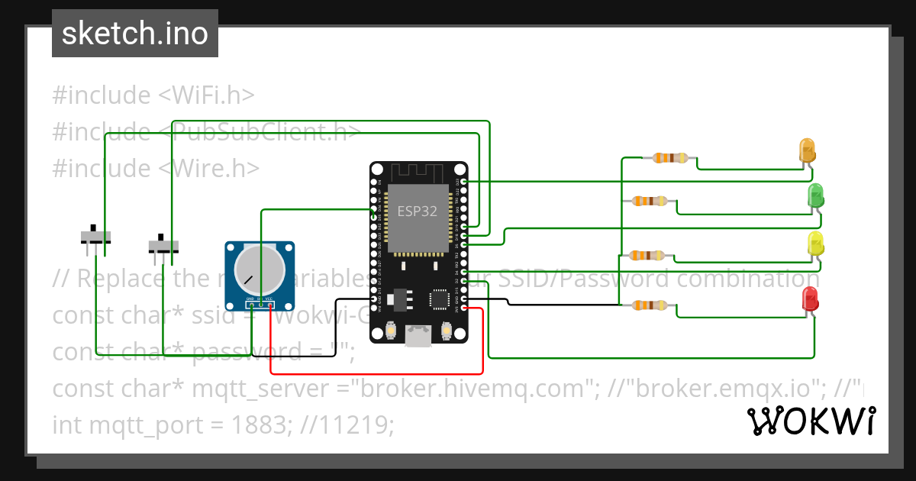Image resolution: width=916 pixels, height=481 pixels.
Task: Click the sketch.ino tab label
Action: (135, 34)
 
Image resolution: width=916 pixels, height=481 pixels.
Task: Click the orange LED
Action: (807, 149)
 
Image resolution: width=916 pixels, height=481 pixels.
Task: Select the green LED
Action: (816, 195)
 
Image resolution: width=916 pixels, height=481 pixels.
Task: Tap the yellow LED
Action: (816, 244)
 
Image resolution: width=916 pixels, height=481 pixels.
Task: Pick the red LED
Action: (810, 298)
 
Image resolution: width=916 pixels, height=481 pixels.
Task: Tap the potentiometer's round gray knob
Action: (259, 266)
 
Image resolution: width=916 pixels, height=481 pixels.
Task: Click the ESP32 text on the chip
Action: (417, 211)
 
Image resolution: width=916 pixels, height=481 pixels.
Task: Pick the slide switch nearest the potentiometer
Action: (163, 245)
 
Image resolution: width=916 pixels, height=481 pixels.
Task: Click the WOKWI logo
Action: (811, 421)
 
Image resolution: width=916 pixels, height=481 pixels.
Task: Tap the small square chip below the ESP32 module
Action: (440, 299)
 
